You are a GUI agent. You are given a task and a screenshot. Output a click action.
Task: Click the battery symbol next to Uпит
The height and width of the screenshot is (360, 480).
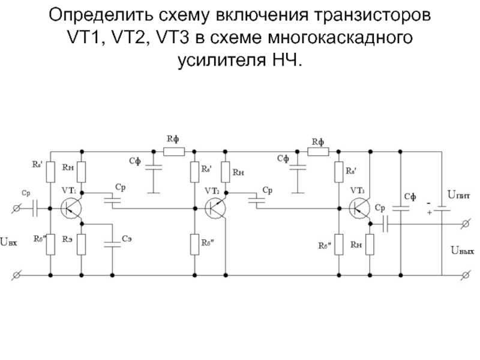pyautogui.click(x=442, y=209)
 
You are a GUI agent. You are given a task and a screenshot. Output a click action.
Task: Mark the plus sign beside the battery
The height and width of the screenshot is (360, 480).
pyautogui.click(x=429, y=212)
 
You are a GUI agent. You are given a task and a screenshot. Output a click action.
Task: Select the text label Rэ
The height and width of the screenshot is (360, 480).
pyautogui.click(x=67, y=239)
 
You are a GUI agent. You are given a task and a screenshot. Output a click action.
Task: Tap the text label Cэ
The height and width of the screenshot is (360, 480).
pyautogui.click(x=127, y=239)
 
